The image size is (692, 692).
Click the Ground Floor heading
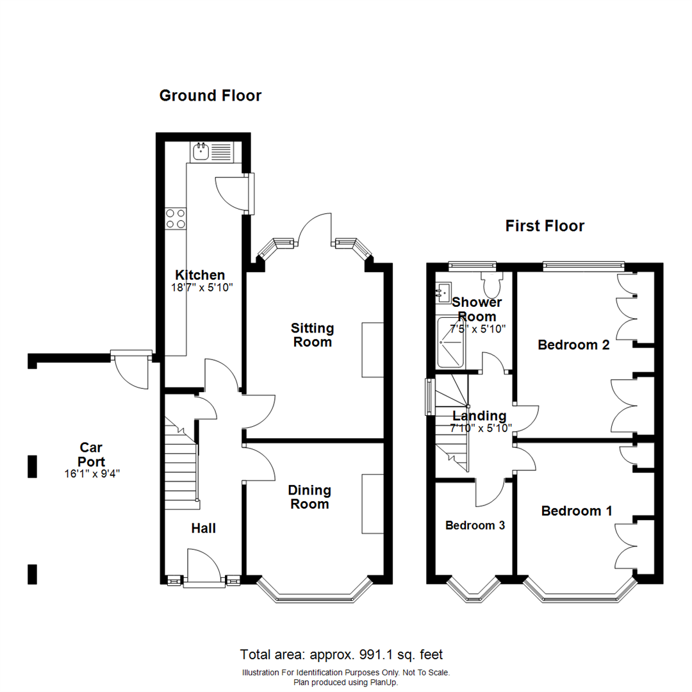pyautogui.click(x=210, y=96)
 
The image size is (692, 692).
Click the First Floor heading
pyautogui.click(x=545, y=226)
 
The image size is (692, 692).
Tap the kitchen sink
pyautogui.click(x=201, y=152)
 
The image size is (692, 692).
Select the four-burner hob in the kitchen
pyautogui.click(x=176, y=219)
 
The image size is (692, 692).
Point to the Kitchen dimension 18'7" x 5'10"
pyautogui.click(x=201, y=288)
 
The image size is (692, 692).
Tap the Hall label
pyautogui.click(x=204, y=529)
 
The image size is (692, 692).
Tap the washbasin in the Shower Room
pyautogui.click(x=443, y=293)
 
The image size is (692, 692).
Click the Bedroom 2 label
pyautogui.click(x=573, y=345)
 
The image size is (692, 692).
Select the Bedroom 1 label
pyautogui.click(x=577, y=511)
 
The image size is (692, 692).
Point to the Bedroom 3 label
pyautogui.click(x=475, y=525)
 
